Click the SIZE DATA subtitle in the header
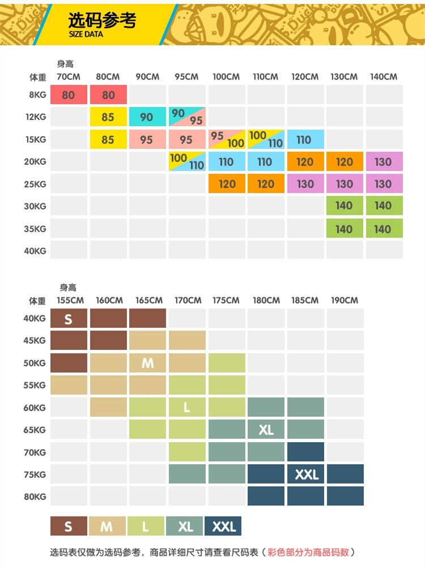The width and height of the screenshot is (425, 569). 86,34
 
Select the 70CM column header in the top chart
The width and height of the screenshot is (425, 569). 69,76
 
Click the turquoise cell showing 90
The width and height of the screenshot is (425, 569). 147,117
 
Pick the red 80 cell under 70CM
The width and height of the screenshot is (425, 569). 69,95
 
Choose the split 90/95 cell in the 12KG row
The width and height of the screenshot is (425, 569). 186,117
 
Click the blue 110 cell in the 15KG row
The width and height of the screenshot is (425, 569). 304,139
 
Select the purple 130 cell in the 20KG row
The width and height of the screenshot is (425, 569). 384,162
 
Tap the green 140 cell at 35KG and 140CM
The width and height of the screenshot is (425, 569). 384,229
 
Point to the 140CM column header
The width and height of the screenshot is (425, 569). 384,76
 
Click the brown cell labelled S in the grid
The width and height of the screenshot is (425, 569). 69,319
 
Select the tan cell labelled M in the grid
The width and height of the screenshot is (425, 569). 147,363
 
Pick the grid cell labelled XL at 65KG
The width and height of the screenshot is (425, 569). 266,430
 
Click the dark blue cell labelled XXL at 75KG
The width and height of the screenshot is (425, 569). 306,474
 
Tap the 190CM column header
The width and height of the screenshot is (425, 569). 345,300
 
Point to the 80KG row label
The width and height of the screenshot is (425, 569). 34,497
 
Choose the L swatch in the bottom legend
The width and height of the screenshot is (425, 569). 146,527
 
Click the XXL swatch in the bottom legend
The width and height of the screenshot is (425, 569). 223,527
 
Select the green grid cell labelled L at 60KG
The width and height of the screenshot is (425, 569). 186,407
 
